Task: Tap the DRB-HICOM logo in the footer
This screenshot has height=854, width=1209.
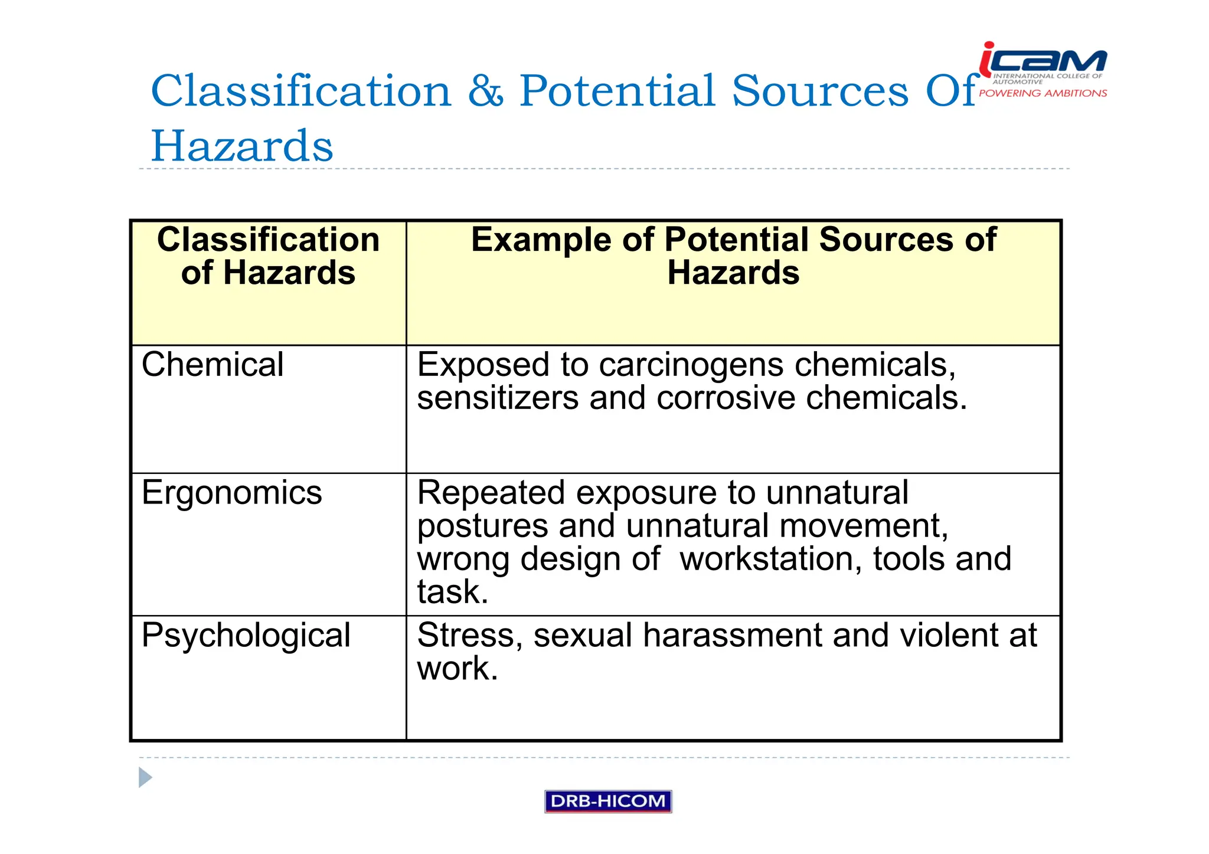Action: pos(608,801)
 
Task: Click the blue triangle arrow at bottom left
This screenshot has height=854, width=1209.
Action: pos(145,777)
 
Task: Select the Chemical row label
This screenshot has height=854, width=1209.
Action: pos(213,365)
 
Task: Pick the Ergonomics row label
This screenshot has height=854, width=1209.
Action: pos(231,493)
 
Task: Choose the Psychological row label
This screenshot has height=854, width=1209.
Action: pos(246,636)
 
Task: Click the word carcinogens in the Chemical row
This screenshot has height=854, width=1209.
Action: pos(691,366)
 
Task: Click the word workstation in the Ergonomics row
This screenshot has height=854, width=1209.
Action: pos(771,559)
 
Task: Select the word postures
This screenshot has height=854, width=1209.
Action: pos(482,526)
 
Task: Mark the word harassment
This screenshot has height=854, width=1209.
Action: pos(732,636)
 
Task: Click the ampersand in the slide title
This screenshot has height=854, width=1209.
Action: pos(485,91)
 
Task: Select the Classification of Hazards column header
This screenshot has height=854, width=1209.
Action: pos(268,256)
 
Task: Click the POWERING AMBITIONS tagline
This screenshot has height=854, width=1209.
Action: pos(1043,93)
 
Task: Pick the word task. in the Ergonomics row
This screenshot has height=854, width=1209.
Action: pos(453,592)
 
